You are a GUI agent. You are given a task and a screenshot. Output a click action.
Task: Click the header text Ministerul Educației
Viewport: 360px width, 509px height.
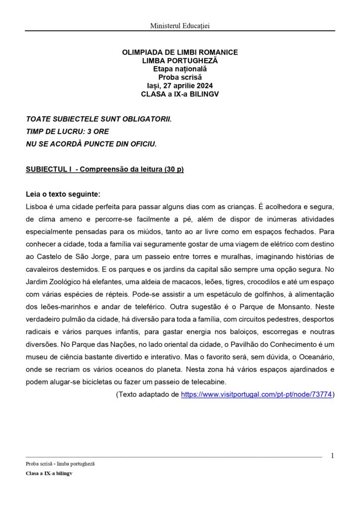(180, 25)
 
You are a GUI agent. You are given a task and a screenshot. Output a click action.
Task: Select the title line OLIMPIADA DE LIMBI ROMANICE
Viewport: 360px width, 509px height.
(180, 52)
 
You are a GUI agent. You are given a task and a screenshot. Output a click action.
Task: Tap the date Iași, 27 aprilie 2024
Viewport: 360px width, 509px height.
(180, 85)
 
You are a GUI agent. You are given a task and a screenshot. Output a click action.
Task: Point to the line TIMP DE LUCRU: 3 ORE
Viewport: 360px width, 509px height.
(67, 132)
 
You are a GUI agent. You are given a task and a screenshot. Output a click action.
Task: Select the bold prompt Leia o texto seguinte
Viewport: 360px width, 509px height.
(66, 194)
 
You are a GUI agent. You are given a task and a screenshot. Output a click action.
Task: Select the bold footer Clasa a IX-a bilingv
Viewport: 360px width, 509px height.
(49, 474)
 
